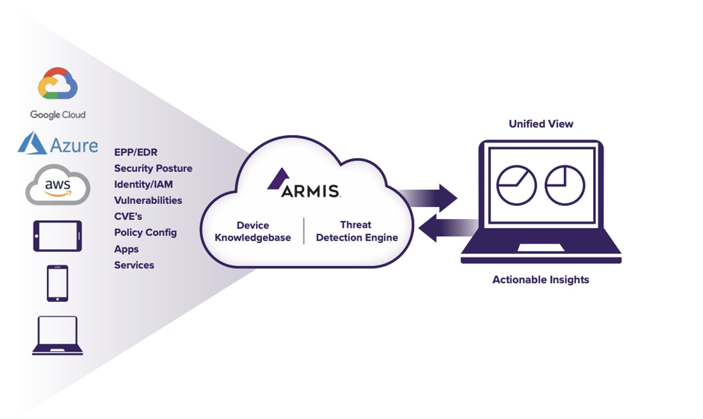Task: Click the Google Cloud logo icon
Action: pyautogui.click(x=58, y=84)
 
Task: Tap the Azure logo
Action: pyautogui.click(x=58, y=144)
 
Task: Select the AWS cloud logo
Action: pyautogui.click(x=58, y=186)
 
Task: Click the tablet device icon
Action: pyautogui.click(x=57, y=236)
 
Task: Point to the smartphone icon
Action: pyautogui.click(x=58, y=283)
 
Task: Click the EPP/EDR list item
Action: pyautogui.click(x=136, y=152)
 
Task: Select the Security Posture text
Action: pyautogui.click(x=153, y=168)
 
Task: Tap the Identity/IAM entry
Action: pyautogui.click(x=143, y=184)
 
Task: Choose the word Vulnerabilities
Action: pyautogui.click(x=148, y=200)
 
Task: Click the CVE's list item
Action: pyautogui.click(x=128, y=216)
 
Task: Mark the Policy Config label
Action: pyautogui.click(x=145, y=232)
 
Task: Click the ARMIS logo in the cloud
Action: pyautogui.click(x=304, y=184)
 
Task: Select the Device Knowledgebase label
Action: pyautogui.click(x=252, y=231)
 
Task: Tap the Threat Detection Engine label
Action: pyautogui.click(x=356, y=231)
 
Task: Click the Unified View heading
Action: pyautogui.click(x=541, y=124)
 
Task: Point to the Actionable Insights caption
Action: pyautogui.click(x=540, y=280)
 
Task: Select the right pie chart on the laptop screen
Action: pyautogui.click(x=564, y=185)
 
